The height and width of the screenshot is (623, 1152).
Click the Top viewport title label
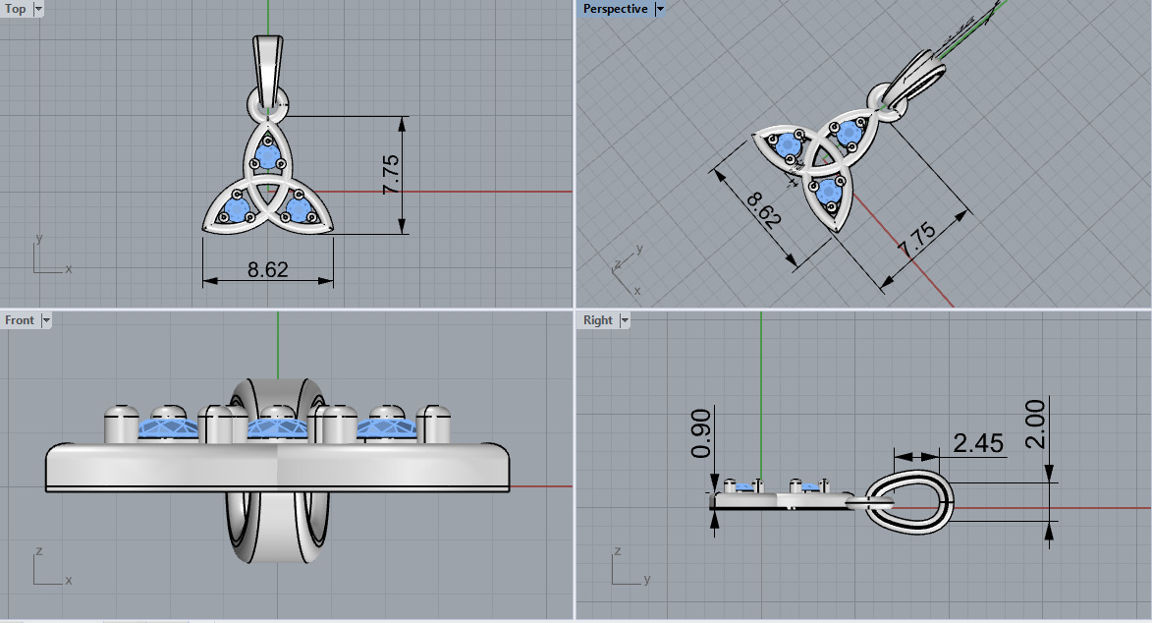[x=16, y=9]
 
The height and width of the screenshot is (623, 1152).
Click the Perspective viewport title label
[x=615, y=9]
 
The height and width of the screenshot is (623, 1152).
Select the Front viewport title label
[x=20, y=320]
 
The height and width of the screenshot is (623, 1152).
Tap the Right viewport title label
[x=597, y=320]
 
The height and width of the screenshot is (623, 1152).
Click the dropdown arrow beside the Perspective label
[x=660, y=9]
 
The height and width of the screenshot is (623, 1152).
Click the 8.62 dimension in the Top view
[x=267, y=269]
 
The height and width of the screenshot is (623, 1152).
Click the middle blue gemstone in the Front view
[x=278, y=427]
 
